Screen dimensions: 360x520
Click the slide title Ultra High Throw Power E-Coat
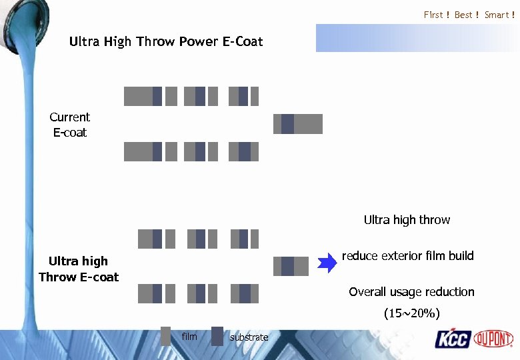pyautogui.click(x=166, y=42)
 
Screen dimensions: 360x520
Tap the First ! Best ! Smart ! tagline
pyautogui.click(x=469, y=15)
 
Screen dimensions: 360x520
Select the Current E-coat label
pyautogui.click(x=69, y=125)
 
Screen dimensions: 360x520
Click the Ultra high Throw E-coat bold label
pyautogui.click(x=78, y=269)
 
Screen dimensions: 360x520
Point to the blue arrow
pyautogui.click(x=327, y=263)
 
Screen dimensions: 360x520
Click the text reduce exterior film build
pyautogui.click(x=407, y=255)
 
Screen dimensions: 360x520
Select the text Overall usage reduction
pyautogui.click(x=411, y=292)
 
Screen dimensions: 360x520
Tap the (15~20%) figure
pyautogui.click(x=411, y=313)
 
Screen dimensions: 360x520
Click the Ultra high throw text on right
pyautogui.click(x=407, y=219)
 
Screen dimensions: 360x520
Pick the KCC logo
pyautogui.click(x=453, y=339)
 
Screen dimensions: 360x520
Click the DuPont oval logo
pyautogui.click(x=493, y=339)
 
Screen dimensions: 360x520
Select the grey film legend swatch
pyautogui.click(x=166, y=336)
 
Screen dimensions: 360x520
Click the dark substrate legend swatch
pyautogui.click(x=217, y=336)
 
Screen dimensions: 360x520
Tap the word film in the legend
pyautogui.click(x=189, y=337)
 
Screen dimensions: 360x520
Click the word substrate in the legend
pyautogui.click(x=249, y=337)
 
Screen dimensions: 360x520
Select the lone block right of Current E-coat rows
pyautogui.click(x=298, y=124)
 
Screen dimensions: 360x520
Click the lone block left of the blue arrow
pyautogui.click(x=291, y=266)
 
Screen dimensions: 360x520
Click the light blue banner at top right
pyautogui.click(x=417, y=38)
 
